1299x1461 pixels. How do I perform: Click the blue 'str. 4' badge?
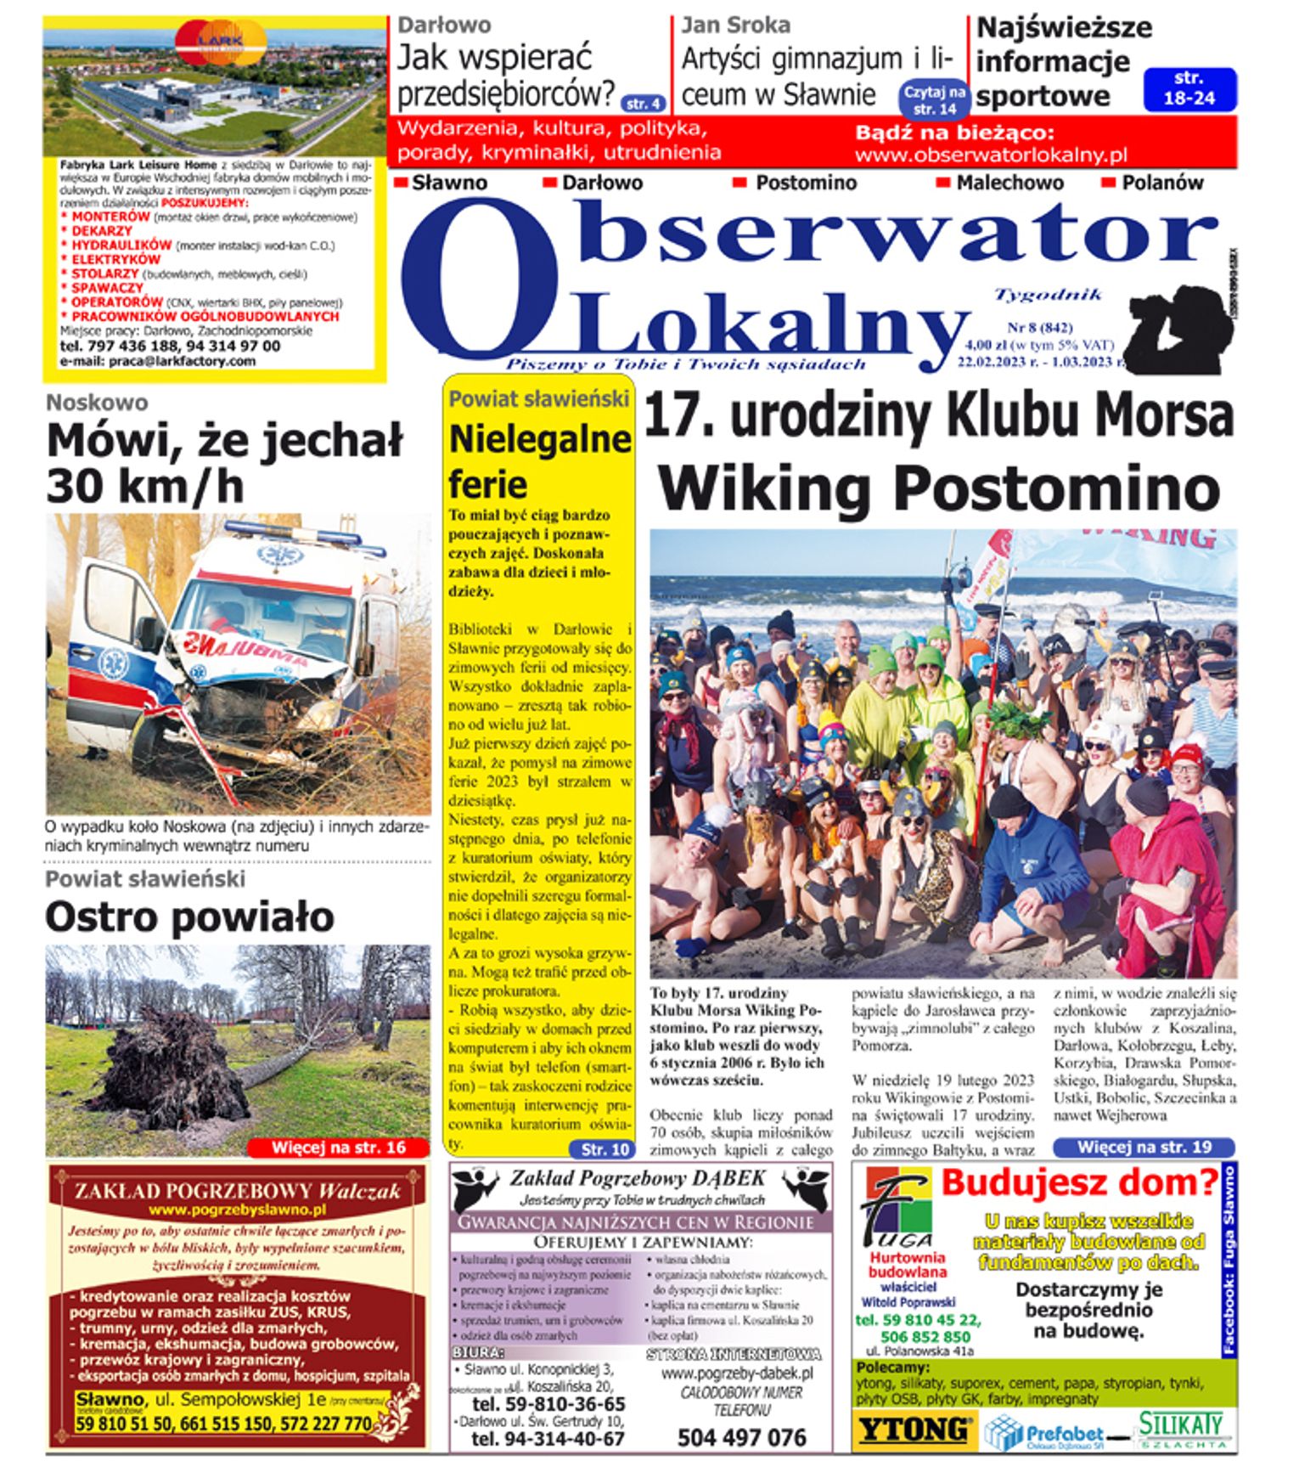[644, 104]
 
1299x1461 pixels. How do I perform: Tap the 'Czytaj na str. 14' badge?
[934, 99]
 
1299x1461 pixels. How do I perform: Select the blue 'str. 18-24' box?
[1189, 89]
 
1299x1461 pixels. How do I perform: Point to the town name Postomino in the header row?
[806, 183]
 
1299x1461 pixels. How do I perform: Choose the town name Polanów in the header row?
[1162, 183]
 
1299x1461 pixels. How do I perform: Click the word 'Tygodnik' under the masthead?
[1048, 295]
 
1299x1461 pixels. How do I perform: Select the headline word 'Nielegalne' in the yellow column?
[540, 439]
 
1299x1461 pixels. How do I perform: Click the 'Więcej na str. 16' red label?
[338, 1148]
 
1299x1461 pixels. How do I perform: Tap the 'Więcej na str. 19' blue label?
[1144, 1147]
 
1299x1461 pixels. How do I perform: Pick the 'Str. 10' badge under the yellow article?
[605, 1149]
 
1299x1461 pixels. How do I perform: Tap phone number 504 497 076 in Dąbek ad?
[741, 1437]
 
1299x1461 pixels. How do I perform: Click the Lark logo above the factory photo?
[220, 40]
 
